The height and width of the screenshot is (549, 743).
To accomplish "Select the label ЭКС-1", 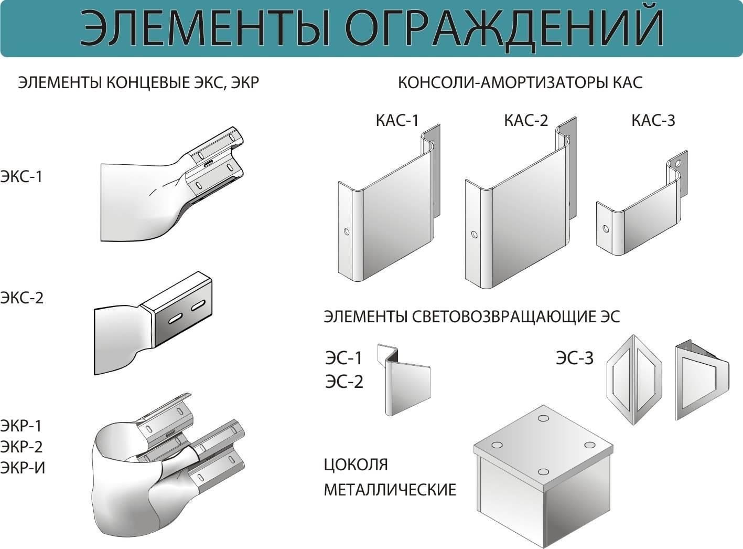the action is pyautogui.click(x=21, y=176).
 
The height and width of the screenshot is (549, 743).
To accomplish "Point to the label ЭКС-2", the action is pyautogui.click(x=22, y=298).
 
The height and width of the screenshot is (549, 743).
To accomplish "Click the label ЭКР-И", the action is pyautogui.click(x=23, y=468).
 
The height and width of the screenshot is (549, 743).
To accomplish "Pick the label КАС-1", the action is pyautogui.click(x=397, y=120).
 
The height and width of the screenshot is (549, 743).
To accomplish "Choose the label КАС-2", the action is pyautogui.click(x=526, y=120).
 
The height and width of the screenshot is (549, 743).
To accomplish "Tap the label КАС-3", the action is pyautogui.click(x=653, y=120).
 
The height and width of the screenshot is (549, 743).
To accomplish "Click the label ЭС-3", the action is pyautogui.click(x=575, y=358).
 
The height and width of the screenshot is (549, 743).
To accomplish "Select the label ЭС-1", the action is pyautogui.click(x=343, y=358).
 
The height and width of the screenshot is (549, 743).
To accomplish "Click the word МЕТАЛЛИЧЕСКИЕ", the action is pyautogui.click(x=390, y=490).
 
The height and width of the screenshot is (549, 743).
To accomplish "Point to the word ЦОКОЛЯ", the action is pyautogui.click(x=356, y=465).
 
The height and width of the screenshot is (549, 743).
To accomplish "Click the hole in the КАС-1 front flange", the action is pyautogui.click(x=347, y=231).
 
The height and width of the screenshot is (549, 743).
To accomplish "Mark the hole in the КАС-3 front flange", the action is pyautogui.click(x=606, y=229).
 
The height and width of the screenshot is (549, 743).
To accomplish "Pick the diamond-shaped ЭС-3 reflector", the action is pyautogui.click(x=634, y=379).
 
